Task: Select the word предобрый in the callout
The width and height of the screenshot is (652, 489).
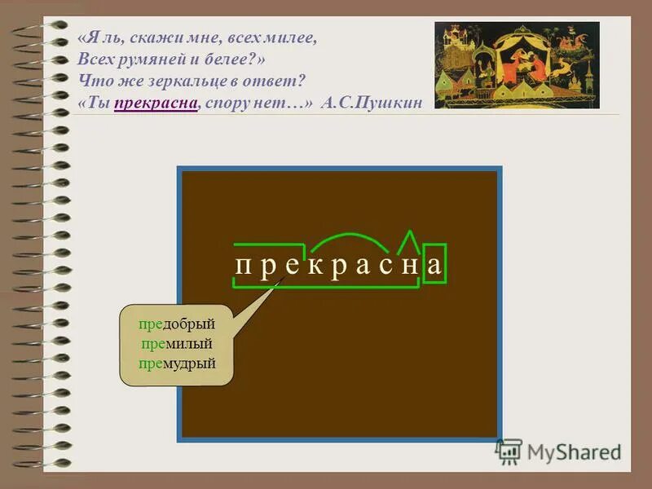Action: (x=176, y=324)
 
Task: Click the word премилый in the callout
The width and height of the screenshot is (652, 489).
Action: (x=176, y=343)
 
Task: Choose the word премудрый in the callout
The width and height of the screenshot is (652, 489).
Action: (x=176, y=363)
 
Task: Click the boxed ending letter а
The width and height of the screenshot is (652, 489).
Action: (x=435, y=266)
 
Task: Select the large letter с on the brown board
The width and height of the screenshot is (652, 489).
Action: (x=385, y=266)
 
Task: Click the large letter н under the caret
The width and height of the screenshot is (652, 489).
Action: (x=410, y=266)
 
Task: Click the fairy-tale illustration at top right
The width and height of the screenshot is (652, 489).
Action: (x=517, y=64)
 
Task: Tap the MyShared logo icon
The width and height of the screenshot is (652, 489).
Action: (x=509, y=451)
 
